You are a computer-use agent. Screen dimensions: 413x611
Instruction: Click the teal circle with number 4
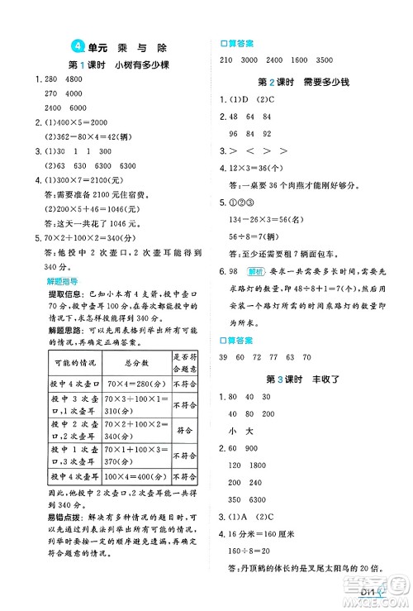(x=77, y=45)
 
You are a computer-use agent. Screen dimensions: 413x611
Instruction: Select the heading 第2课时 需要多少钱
(x=305, y=82)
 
